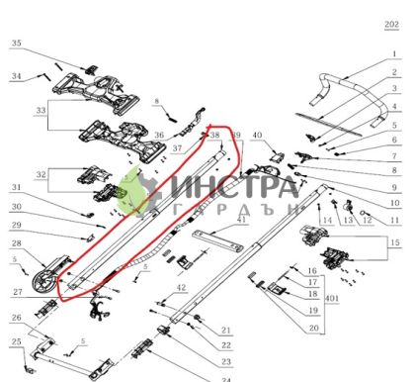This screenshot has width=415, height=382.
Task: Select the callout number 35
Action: tap(16, 44)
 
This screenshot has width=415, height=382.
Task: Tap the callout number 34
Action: tap(16, 75)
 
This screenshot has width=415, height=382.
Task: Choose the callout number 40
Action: tap(257, 135)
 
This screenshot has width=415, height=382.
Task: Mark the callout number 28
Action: tap(16, 243)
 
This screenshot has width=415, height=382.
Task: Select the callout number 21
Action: tap(225, 331)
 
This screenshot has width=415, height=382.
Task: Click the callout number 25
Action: tap(16, 341)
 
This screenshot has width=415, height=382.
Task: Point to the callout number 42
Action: tap(182, 288)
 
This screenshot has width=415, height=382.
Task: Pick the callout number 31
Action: tap(16, 187)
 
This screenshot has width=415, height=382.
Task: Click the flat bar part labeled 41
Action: tap(219, 238)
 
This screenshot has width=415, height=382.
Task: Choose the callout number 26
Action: tap(16, 318)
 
